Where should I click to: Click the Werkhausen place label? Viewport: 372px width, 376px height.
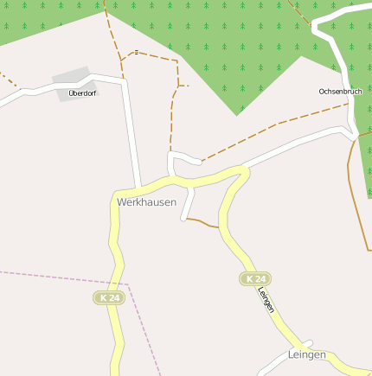146,202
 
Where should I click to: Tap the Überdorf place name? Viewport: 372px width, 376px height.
83,92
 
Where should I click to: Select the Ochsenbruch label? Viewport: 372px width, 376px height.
340,91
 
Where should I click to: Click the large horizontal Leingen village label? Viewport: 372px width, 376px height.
306,355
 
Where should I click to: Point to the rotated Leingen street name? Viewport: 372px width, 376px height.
266,299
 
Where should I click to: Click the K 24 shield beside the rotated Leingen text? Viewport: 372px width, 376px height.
255,278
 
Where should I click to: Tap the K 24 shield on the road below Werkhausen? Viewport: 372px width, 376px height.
110,297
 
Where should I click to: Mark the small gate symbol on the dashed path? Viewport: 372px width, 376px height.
136,52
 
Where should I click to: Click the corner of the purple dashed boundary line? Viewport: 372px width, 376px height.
128,284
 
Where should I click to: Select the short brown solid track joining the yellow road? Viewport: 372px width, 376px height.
204,223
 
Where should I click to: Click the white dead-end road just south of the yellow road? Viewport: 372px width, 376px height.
188,205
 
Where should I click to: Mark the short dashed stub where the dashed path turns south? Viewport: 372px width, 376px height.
184,86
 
